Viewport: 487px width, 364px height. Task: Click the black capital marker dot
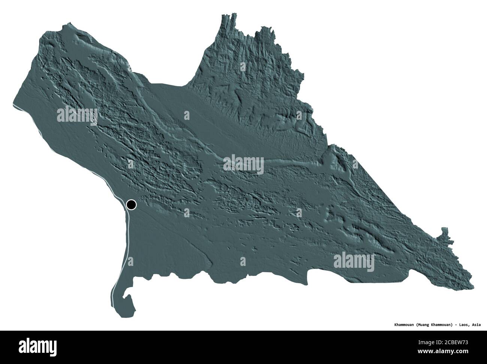(131, 205)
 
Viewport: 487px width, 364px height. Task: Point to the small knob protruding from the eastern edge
(444, 232)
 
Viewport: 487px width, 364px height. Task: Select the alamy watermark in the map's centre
(243, 164)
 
